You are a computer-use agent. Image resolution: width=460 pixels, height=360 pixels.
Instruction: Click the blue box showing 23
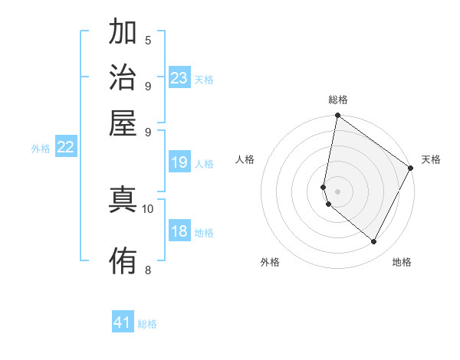(179, 78)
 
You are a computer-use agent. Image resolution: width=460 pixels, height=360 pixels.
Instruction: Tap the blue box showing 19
(179, 162)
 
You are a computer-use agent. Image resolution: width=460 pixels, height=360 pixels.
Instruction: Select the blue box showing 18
(179, 232)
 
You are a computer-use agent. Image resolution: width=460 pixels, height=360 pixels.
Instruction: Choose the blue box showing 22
(65, 147)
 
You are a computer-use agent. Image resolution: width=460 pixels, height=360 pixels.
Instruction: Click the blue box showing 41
(123, 322)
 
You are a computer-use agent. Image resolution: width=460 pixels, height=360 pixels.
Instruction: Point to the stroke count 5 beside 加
(148, 41)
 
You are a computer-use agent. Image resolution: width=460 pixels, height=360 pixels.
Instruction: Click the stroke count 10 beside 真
(148, 208)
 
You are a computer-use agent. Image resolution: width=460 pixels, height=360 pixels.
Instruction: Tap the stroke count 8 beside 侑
(148, 269)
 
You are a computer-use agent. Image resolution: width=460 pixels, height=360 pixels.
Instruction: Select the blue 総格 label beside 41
(147, 324)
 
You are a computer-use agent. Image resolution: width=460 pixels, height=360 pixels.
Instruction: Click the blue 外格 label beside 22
(41, 149)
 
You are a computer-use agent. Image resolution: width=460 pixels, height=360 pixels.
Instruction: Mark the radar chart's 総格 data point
(337, 116)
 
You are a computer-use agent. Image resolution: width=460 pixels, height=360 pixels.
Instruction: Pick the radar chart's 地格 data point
(374, 242)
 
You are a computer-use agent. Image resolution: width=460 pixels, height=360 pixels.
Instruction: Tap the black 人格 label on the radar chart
(245, 159)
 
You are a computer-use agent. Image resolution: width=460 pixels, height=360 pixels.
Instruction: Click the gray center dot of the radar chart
(337, 191)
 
